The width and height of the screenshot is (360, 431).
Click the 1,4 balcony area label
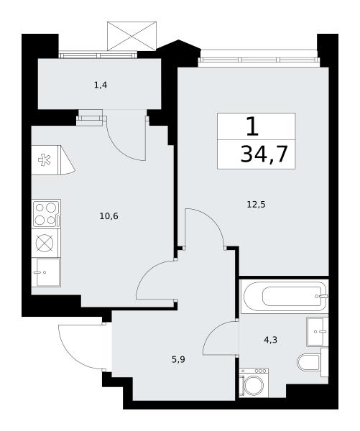point(101,85)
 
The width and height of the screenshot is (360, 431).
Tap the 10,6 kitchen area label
point(109,216)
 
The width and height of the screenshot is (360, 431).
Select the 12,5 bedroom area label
point(256,205)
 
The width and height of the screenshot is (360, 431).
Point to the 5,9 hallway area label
point(178,360)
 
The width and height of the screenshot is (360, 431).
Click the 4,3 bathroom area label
point(271,340)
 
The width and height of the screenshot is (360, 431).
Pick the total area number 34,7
point(264,154)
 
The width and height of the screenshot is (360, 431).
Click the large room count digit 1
point(252,126)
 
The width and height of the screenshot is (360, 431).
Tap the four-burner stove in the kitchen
point(46,214)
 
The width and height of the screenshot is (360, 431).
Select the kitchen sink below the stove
point(46,272)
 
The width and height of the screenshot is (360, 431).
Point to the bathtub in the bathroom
point(285,296)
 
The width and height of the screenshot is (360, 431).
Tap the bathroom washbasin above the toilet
point(318,331)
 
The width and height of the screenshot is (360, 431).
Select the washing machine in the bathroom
point(254,383)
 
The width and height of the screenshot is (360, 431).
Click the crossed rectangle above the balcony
point(131,36)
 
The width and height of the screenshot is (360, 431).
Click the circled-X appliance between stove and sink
point(45,244)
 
